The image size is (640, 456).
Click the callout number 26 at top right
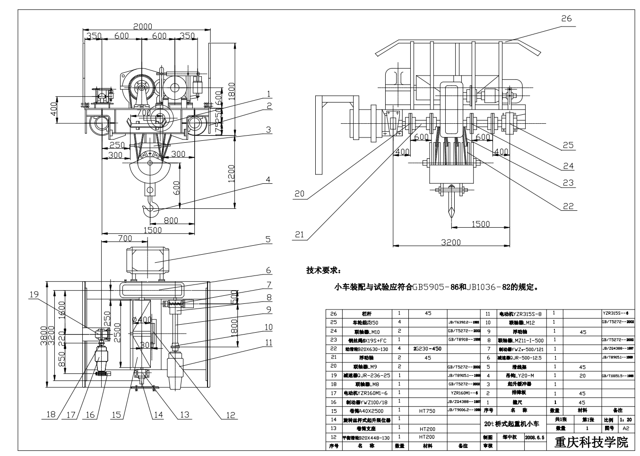(566, 18)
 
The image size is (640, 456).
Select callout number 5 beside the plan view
(268, 240)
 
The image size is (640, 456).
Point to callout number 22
(568, 206)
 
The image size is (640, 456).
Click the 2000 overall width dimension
(143, 26)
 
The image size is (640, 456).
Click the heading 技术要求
(323, 270)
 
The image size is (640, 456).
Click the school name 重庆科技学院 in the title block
(591, 442)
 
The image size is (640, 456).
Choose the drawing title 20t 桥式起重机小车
(511, 424)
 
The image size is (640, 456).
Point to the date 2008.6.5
(535, 438)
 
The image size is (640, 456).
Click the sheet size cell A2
(626, 429)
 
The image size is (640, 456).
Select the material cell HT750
(427, 411)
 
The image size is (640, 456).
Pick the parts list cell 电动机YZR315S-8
(520, 313)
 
